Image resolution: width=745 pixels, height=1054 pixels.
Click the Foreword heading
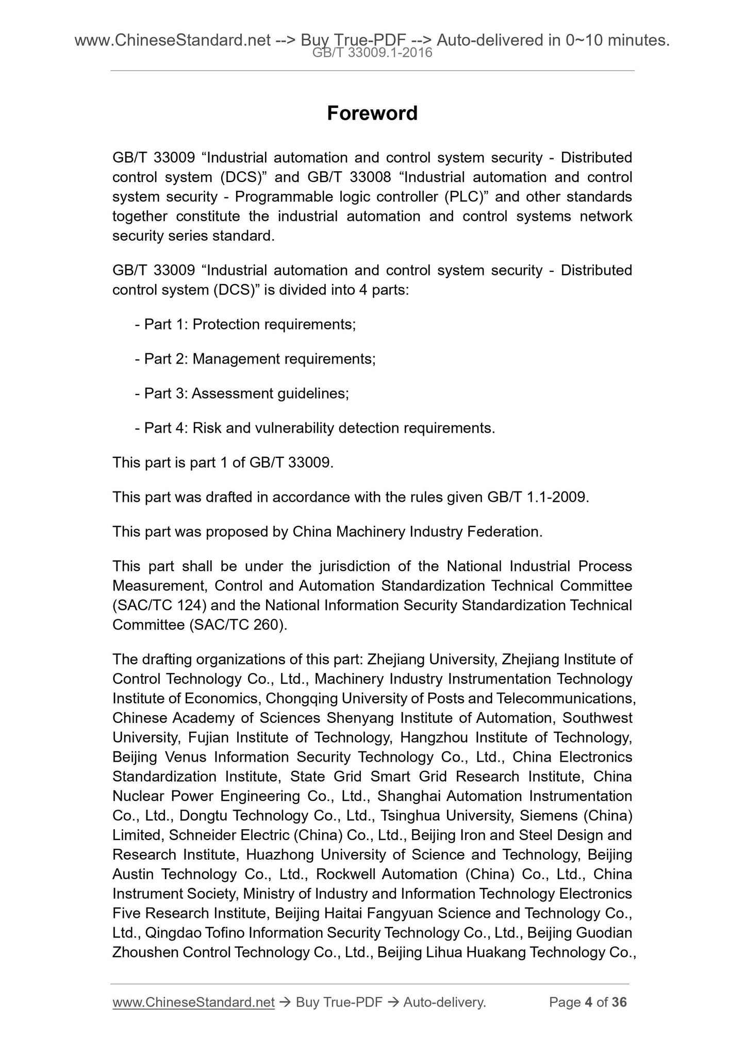pyautogui.click(x=372, y=113)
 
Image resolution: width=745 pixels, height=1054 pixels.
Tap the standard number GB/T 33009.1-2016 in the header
pyautogui.click(x=372, y=53)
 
